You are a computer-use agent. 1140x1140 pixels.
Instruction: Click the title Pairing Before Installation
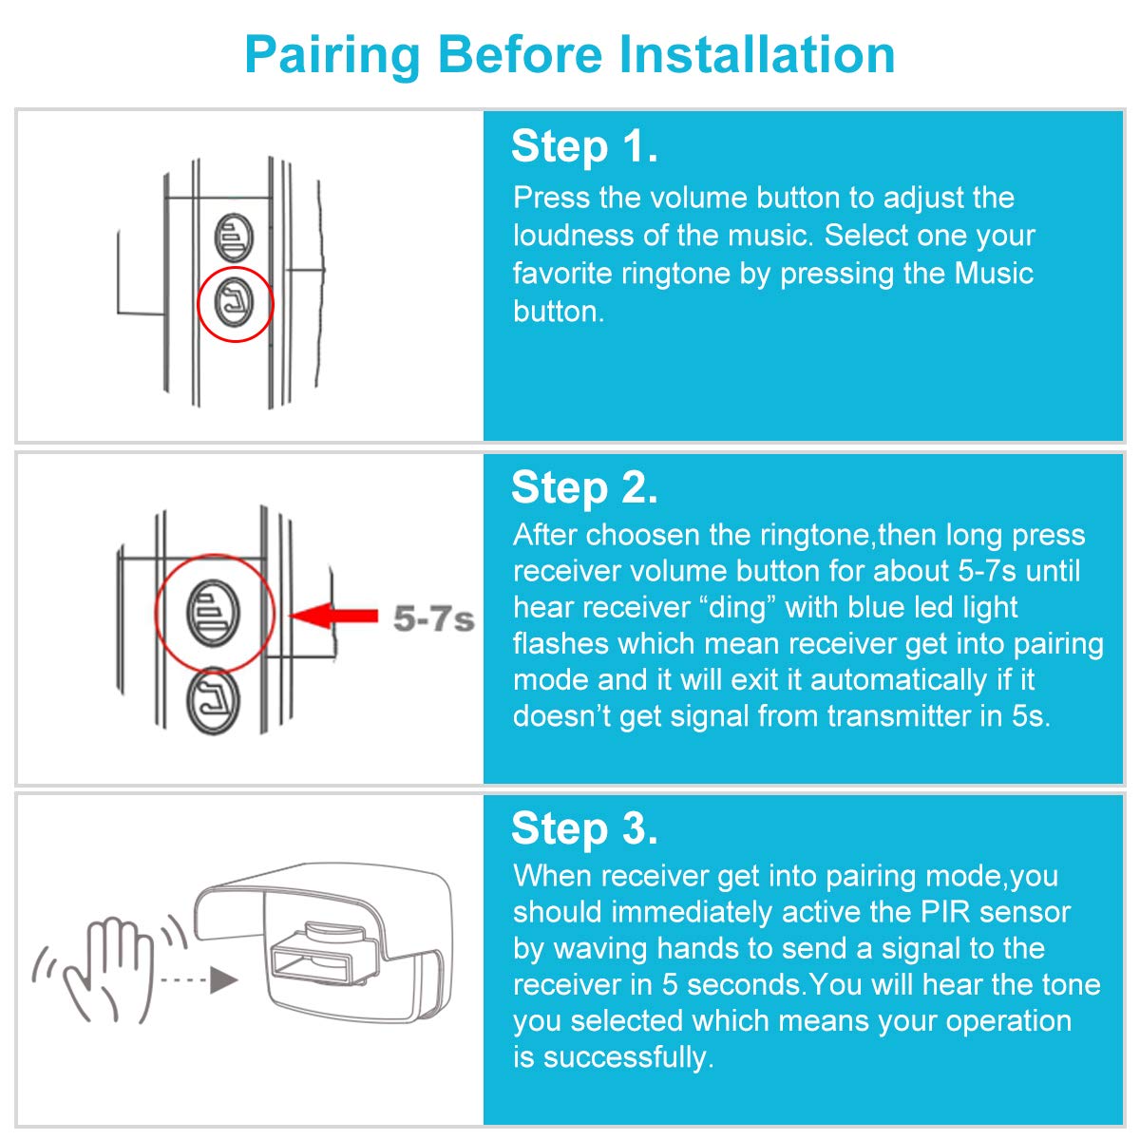[x=570, y=54]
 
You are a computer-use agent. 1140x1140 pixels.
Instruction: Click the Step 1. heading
[x=584, y=147]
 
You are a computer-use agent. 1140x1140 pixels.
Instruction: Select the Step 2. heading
[x=584, y=488]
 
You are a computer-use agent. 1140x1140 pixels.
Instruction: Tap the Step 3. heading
[x=584, y=828]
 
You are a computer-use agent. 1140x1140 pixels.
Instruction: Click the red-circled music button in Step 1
[x=234, y=303]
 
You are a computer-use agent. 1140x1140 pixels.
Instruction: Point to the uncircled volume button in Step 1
[x=233, y=237]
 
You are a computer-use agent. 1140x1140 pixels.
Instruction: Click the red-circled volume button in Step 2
[x=214, y=609]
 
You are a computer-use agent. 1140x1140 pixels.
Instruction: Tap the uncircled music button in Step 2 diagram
[x=214, y=702]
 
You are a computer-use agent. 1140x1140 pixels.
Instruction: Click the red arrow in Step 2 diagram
[x=333, y=616]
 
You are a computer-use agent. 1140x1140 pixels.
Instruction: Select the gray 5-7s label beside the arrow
[x=433, y=619]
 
